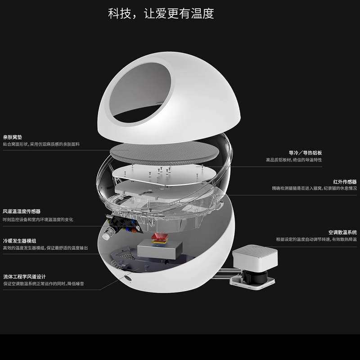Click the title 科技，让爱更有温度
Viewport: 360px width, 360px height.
click(x=161, y=13)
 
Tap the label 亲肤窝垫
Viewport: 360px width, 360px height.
click(x=13, y=137)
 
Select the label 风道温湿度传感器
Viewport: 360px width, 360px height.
click(x=22, y=211)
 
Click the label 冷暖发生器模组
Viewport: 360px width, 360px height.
click(x=19, y=241)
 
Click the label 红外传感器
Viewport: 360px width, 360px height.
click(x=345, y=181)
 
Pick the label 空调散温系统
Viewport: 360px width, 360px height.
click(x=342, y=232)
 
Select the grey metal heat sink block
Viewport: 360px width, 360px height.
click(x=161, y=250)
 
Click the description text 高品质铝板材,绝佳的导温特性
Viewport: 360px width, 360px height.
click(x=293, y=160)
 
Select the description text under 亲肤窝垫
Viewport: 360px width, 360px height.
click(x=41, y=144)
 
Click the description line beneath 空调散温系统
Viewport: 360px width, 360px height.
click(x=316, y=239)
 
